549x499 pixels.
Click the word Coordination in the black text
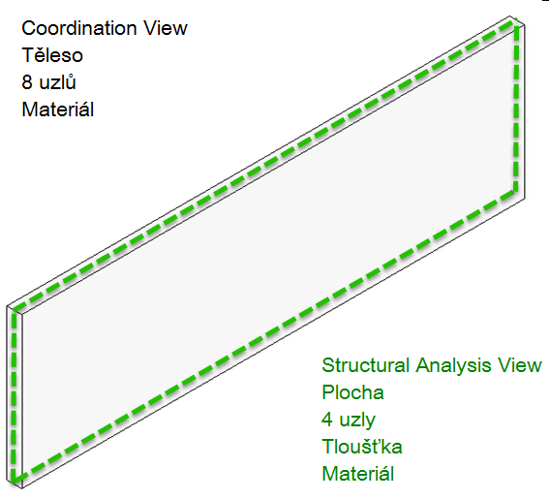[x=79, y=28]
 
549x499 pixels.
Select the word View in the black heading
[x=165, y=28]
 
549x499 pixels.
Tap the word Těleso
[x=54, y=55]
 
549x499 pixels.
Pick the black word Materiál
[x=57, y=109]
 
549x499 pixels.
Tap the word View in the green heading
[x=522, y=365]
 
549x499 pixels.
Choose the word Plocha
[x=352, y=392]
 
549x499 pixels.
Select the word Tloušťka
[x=362, y=447]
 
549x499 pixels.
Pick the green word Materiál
[x=357, y=474]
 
